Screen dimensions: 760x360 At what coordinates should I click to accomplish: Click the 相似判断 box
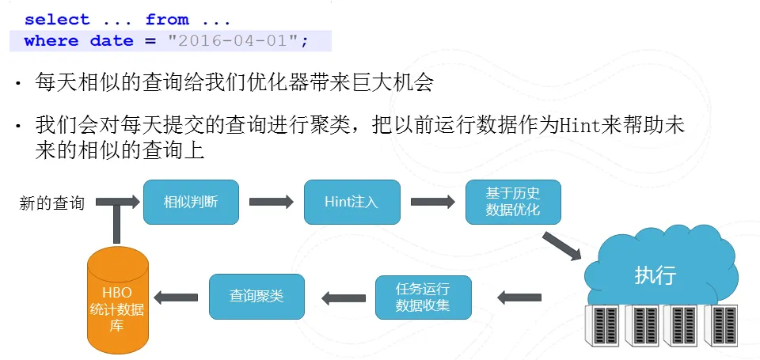click(x=191, y=202)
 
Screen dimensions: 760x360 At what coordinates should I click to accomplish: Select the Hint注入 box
click(x=351, y=202)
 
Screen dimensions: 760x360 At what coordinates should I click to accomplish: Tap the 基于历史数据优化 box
click(x=513, y=202)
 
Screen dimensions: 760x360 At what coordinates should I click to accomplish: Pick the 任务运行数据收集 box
click(x=424, y=297)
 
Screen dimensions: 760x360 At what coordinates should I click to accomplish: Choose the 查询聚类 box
click(x=256, y=297)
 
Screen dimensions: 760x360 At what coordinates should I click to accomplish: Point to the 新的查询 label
click(x=52, y=203)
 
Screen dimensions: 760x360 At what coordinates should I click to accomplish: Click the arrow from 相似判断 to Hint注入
click(x=272, y=202)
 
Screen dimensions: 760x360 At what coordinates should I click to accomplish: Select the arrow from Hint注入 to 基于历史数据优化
click(x=433, y=202)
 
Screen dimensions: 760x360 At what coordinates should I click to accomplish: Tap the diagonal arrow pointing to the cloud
click(x=561, y=246)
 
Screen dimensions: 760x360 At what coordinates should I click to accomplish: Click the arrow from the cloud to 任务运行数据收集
click(x=519, y=297)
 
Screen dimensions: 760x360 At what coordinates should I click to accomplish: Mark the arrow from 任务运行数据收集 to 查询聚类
click(x=344, y=297)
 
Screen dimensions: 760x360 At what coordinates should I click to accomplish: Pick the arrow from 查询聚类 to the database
click(x=176, y=297)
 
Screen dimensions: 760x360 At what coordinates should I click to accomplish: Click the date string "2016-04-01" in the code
click(x=233, y=40)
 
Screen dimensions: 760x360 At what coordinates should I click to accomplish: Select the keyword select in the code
click(x=57, y=20)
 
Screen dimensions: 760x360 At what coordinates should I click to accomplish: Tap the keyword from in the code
click(x=167, y=20)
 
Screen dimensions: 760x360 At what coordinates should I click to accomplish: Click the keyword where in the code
click(x=51, y=40)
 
